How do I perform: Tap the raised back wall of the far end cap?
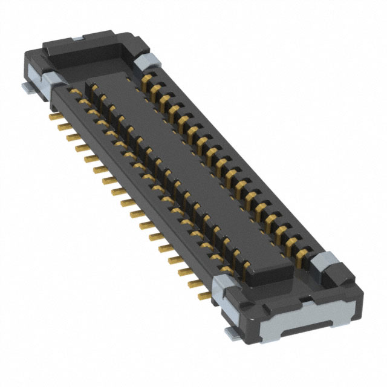pyautogui.click(x=91, y=41)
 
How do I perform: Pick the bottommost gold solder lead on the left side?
pyautogui.click(x=204, y=296)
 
